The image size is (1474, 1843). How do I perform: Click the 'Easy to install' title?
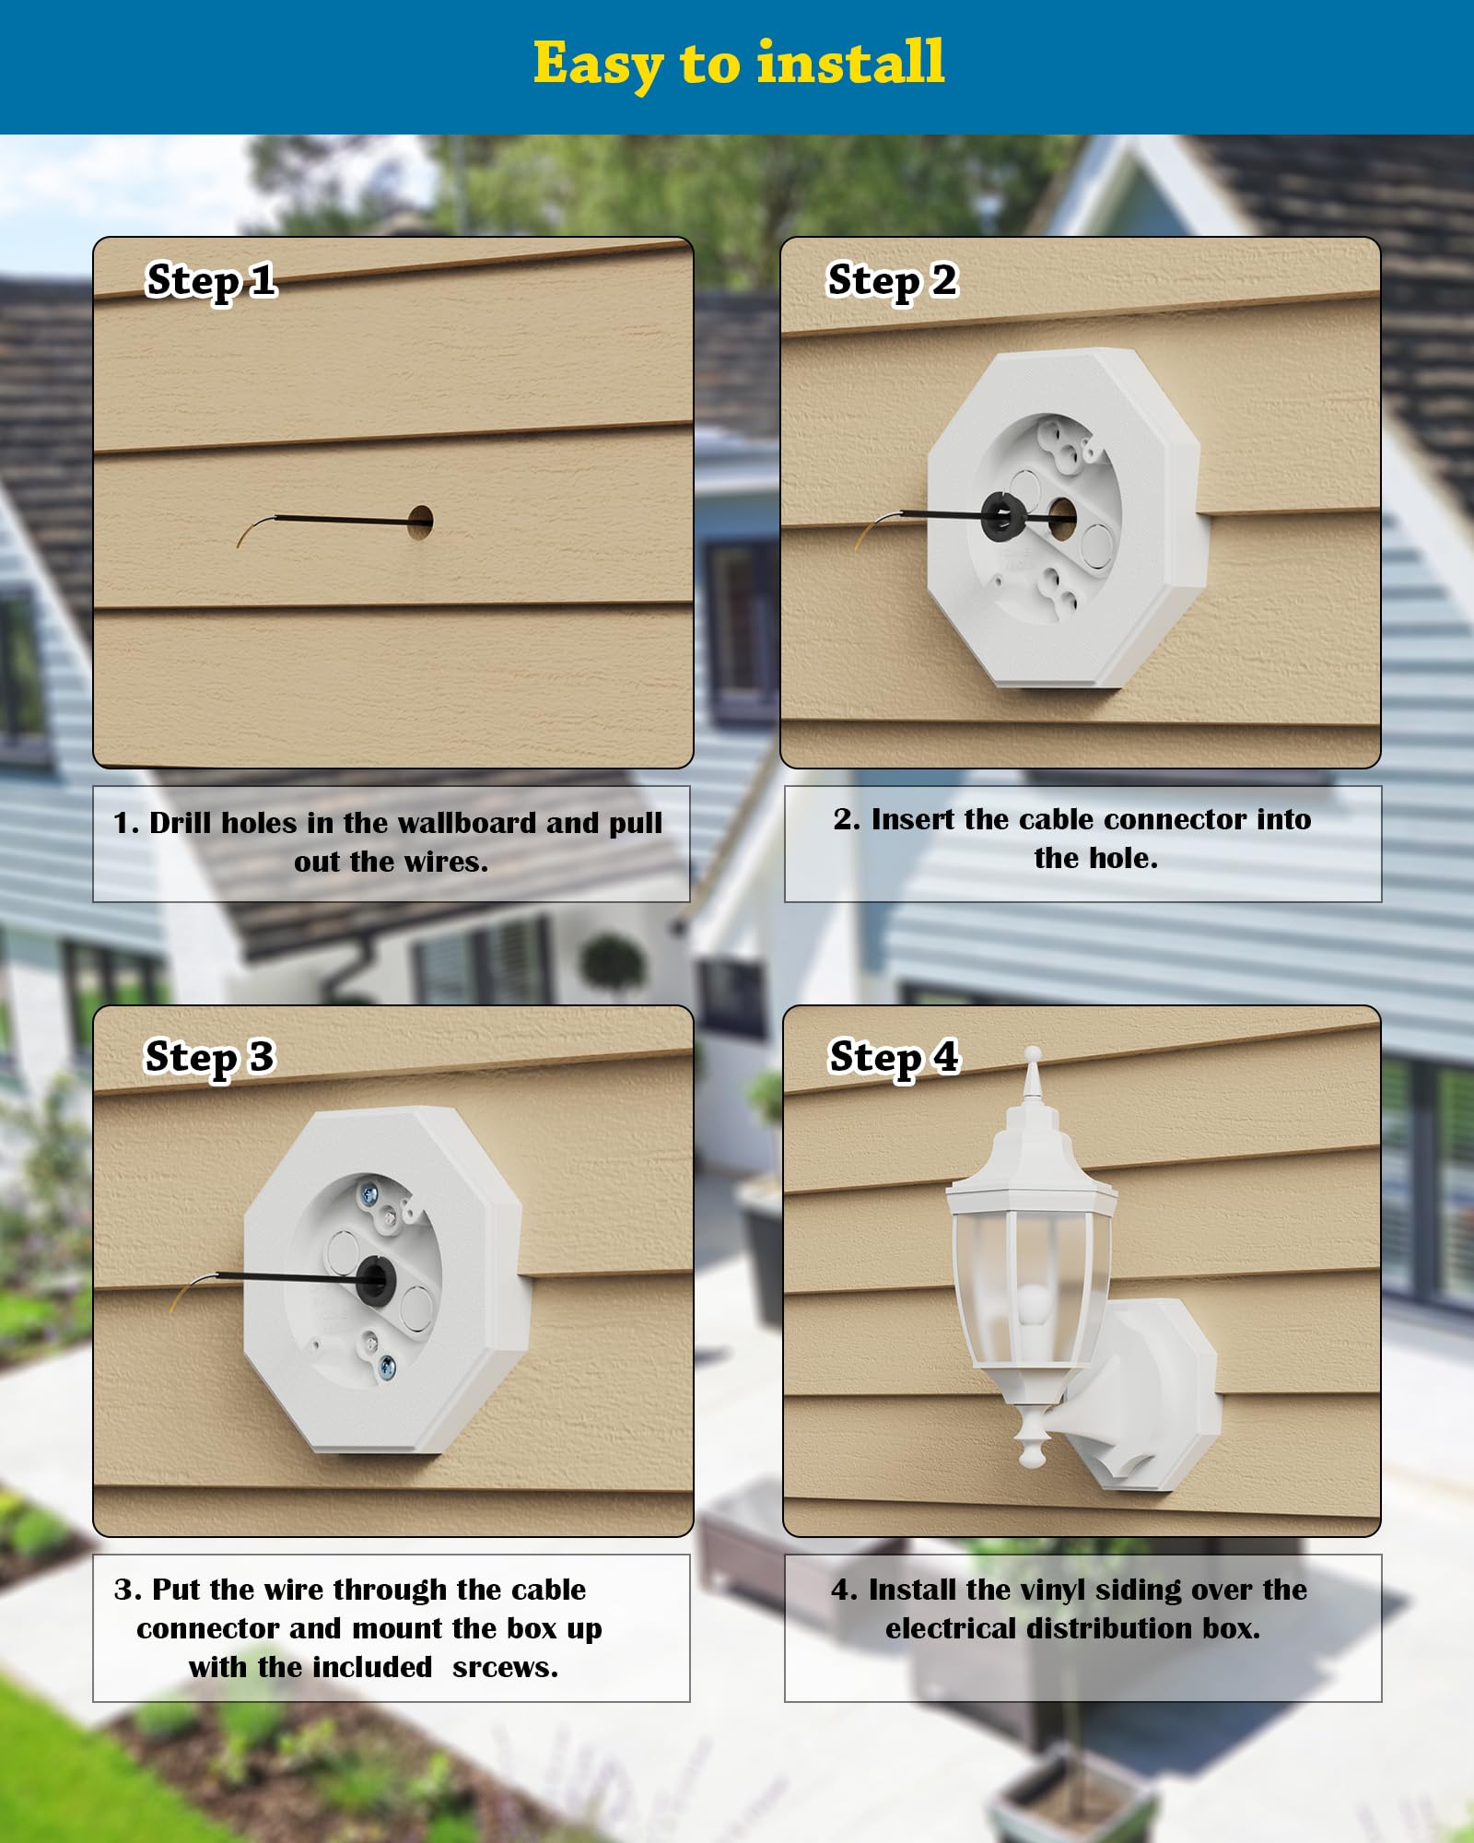point(739,63)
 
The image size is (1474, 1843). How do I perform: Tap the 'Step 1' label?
point(211,280)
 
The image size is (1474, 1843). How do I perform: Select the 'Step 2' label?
point(892,280)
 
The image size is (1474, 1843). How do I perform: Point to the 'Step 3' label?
point(209,1057)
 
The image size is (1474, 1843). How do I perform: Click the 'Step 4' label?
point(894,1057)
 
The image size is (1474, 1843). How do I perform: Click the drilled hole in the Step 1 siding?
point(420,522)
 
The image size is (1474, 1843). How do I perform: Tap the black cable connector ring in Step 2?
point(1002,517)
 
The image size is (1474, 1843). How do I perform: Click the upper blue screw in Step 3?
point(370,1195)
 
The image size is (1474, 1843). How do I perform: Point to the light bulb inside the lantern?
point(1034,1306)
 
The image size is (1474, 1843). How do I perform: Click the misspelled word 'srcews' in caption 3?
point(505,1667)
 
